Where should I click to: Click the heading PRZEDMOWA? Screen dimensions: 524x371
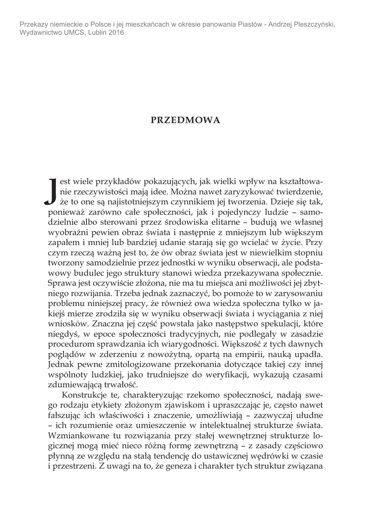coord(185,120)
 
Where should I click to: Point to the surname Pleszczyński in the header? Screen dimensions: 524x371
coord(312,24)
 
